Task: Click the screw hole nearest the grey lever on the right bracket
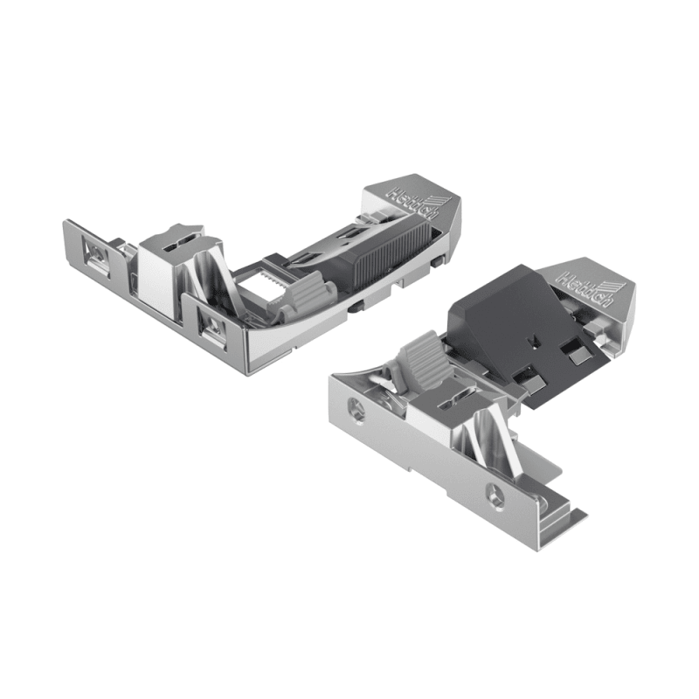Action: (x=355, y=408)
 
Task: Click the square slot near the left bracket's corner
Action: (x=211, y=326)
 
